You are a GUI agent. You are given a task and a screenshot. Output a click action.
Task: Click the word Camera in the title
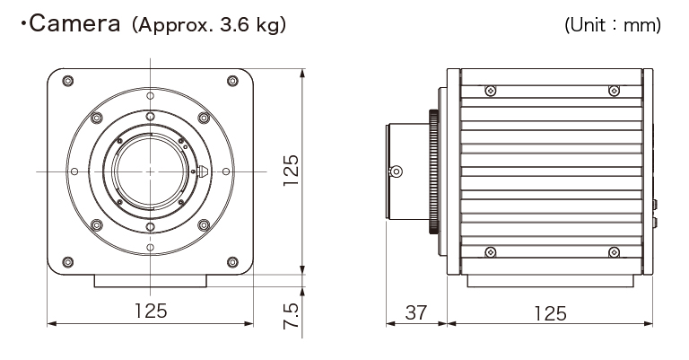coord(76,25)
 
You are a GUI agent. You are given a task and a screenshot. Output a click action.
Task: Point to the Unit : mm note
coord(613,26)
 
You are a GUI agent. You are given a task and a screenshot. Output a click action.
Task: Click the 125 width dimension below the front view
coord(151,312)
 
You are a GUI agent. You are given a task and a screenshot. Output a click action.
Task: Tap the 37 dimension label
coord(415,312)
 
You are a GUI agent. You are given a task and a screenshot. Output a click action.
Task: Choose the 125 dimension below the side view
coord(550,312)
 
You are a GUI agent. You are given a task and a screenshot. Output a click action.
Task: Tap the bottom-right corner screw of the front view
coord(232,262)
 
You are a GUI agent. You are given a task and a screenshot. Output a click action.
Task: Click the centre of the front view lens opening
coord(150,171)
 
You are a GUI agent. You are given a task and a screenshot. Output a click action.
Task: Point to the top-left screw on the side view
coord(490,91)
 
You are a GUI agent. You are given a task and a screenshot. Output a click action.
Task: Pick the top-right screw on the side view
coord(614,91)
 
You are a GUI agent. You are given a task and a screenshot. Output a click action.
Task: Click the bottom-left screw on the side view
coord(490,251)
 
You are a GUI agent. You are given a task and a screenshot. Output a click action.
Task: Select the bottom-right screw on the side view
coord(614,251)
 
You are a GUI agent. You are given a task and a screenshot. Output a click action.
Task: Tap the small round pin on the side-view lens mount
coord(393,171)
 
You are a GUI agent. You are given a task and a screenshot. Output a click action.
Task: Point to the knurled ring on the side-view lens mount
coord(435,171)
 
